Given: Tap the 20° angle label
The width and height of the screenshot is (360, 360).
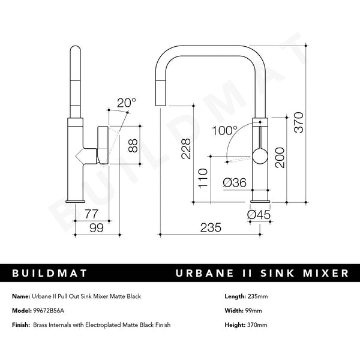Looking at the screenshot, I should coord(127,103).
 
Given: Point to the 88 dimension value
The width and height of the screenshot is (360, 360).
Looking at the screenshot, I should coord(133,145).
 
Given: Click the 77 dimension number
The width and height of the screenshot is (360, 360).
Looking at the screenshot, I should coord(92,212).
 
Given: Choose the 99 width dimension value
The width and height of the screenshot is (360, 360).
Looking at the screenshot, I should coord(95,228).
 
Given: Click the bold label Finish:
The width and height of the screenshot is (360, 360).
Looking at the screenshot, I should coord(22,325).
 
